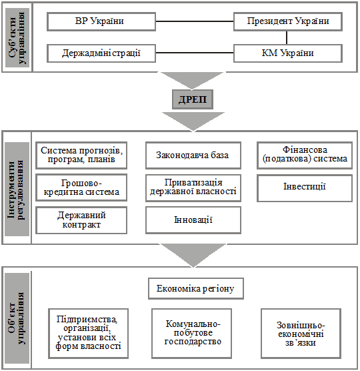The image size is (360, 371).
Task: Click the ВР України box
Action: tap(101, 21)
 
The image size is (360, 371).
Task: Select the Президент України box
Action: tap(288, 21)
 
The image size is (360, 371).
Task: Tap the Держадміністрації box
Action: tap(101, 53)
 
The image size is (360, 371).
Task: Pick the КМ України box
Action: tap(288, 53)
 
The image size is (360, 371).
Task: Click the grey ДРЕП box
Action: tap(193, 99)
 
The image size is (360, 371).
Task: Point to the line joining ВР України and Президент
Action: tap(195, 21)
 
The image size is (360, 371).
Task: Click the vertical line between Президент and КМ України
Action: tap(287, 37)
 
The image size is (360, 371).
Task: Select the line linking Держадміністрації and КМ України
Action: tap(195, 53)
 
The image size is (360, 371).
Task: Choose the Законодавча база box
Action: tap(193, 155)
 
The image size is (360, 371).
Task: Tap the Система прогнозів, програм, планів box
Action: tap(81, 155)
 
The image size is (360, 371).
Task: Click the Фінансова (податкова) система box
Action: tap(305, 155)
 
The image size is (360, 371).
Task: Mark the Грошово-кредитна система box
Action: tap(81, 188)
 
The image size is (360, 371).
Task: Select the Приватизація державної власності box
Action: tap(193, 188)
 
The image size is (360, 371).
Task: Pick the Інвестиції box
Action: tap(305, 188)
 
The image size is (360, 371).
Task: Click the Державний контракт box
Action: tap(81, 220)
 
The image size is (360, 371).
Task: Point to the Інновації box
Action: tap(193, 220)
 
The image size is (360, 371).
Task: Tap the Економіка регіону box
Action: tap(196, 289)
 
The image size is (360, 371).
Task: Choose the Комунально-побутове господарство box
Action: tap(192, 334)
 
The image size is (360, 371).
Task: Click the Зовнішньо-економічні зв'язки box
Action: tap(301, 334)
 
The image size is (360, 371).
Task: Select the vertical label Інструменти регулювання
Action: tap(17, 189)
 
